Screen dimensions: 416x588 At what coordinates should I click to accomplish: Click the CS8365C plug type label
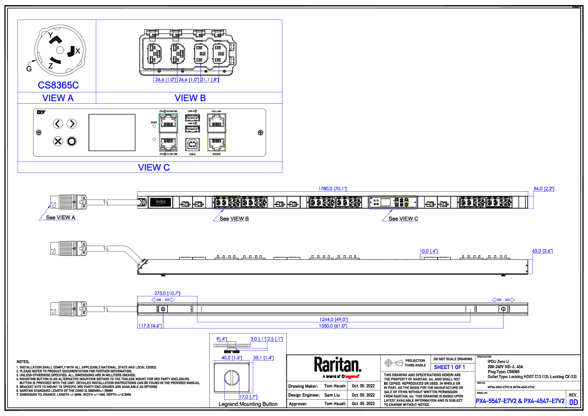click(58, 85)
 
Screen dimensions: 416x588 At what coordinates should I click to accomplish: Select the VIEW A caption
click(58, 98)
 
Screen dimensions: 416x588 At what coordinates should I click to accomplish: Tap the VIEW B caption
click(190, 98)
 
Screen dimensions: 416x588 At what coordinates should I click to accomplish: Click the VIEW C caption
click(154, 167)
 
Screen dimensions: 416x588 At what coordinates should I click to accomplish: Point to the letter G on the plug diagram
click(29, 68)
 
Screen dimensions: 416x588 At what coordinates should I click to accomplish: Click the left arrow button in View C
click(58, 124)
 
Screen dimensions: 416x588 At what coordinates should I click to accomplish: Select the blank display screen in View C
click(112, 132)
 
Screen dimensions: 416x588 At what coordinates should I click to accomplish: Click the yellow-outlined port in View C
click(217, 143)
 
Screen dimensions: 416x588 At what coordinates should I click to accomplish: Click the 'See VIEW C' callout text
click(403, 219)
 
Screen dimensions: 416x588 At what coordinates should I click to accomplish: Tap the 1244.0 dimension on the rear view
click(334, 319)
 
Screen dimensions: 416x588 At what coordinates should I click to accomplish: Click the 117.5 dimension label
click(149, 326)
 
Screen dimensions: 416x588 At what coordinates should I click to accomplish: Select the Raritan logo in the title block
click(338, 365)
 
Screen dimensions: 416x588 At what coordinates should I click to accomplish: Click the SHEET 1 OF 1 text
click(449, 367)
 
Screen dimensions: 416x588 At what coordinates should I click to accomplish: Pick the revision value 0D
click(574, 402)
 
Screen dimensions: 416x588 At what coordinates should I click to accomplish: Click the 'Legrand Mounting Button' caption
click(248, 404)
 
